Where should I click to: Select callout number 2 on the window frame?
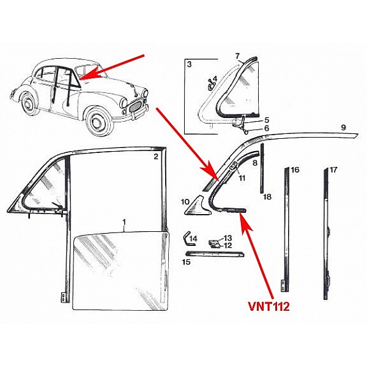(x=156, y=157)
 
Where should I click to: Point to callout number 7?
(x=237, y=56)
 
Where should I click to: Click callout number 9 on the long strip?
(x=344, y=127)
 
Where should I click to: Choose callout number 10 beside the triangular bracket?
(x=185, y=201)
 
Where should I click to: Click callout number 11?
(x=242, y=178)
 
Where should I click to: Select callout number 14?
(x=194, y=237)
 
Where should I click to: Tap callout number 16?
(x=295, y=169)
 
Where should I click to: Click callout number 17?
(x=333, y=169)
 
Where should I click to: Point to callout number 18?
(x=267, y=197)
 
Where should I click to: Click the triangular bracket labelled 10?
(x=200, y=206)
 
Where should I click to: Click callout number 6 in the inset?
(x=266, y=129)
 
